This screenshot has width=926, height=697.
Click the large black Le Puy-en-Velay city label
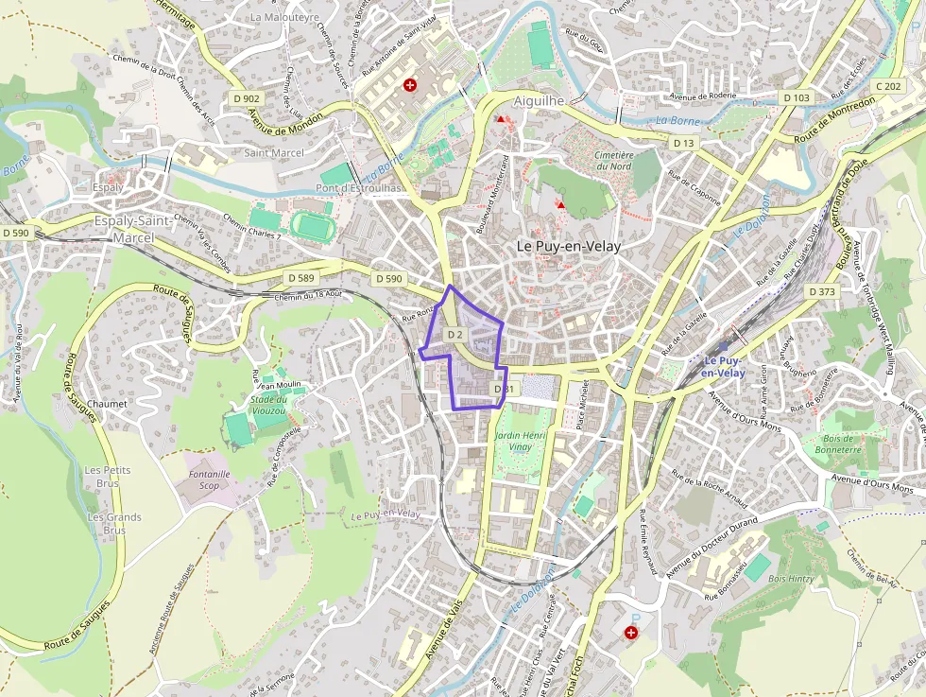pyautogui.click(x=570, y=245)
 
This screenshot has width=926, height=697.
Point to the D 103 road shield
pyautogui.click(x=797, y=98)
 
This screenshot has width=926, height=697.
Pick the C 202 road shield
pyautogui.click(x=888, y=86)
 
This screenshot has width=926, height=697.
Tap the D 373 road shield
pyautogui.click(x=822, y=292)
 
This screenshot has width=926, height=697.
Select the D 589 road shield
pyautogui.click(x=300, y=278)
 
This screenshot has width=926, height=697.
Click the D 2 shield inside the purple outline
pyautogui.click(x=454, y=335)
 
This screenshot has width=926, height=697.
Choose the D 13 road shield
pyautogui.click(x=683, y=143)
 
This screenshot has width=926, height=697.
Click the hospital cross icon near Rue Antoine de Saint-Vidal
pyautogui.click(x=410, y=85)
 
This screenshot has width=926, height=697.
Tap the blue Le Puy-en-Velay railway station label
pyautogui.click(x=722, y=367)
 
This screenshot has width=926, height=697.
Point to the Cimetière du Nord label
pyautogui.click(x=613, y=160)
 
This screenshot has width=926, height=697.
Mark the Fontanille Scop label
pyautogui.click(x=209, y=479)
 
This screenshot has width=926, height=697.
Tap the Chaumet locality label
pyautogui.click(x=107, y=403)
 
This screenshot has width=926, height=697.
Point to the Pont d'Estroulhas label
pyautogui.click(x=359, y=188)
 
